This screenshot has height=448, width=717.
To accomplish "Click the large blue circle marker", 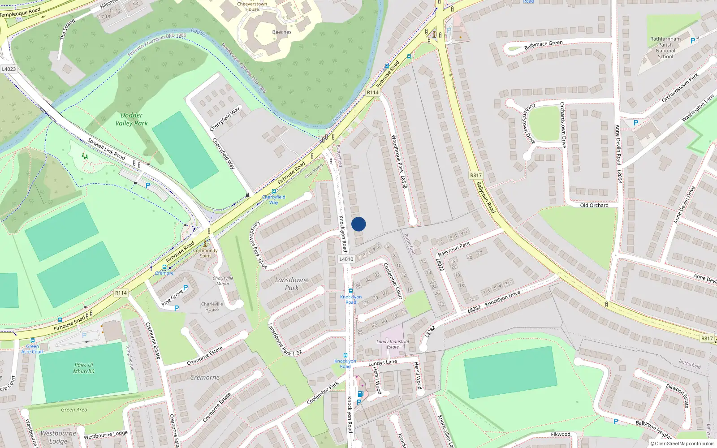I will click(x=358, y=224).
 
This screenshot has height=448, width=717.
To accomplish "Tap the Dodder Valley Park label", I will click(x=131, y=119).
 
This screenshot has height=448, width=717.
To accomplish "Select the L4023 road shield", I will click(x=9, y=69).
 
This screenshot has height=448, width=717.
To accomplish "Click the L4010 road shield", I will click(x=346, y=259).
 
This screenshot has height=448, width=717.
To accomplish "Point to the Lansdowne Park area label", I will click(x=292, y=284).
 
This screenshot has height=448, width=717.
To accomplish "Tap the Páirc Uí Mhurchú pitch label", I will click(x=84, y=368).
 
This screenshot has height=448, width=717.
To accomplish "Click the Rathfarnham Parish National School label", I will click(x=665, y=47).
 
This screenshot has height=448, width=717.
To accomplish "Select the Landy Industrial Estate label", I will click(x=393, y=344).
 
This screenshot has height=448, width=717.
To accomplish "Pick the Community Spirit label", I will click(x=205, y=253).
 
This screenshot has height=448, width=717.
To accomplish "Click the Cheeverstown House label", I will click(x=252, y=6).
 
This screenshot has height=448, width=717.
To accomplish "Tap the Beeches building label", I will click(x=282, y=32).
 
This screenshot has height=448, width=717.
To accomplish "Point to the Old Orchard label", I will click(x=594, y=205).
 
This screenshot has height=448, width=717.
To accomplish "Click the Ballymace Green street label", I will click(x=543, y=45).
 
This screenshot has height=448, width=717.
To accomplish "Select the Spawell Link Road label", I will click(x=107, y=148).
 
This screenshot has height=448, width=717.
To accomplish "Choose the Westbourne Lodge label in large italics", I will click(x=58, y=437).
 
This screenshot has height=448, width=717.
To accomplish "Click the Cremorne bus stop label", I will click(x=164, y=273).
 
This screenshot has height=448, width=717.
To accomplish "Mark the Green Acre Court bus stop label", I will click(x=32, y=349).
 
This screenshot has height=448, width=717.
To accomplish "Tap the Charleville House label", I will click(x=212, y=306).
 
